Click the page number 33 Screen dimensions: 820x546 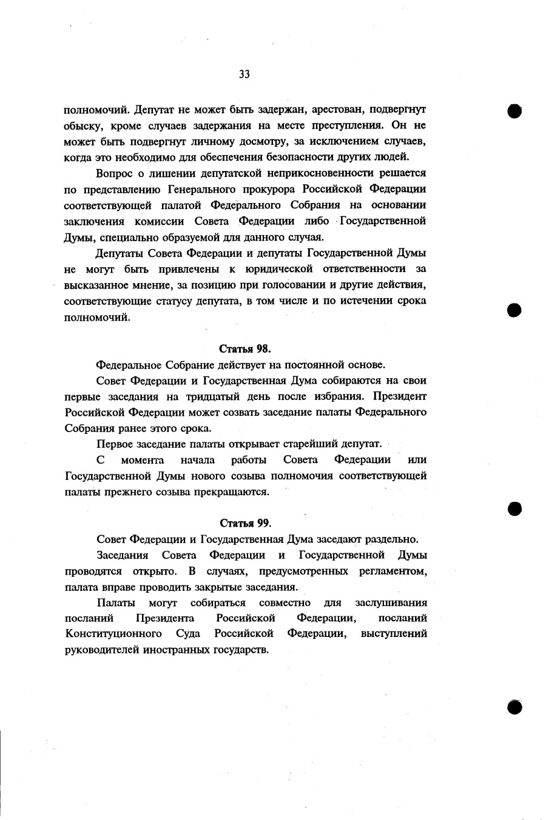244,75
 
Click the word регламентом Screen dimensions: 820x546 394,571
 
